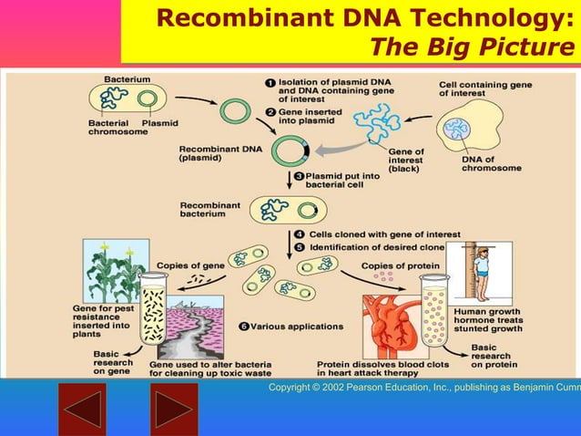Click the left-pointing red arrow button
pyautogui.click(x=82, y=410)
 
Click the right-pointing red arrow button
pyautogui.click(x=174, y=410)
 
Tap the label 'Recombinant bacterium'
pyautogui.click(x=209, y=210)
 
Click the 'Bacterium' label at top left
pyautogui.click(x=127, y=80)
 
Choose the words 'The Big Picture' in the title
pyautogui.click(x=464, y=46)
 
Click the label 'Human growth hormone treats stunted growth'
pyautogui.click(x=486, y=321)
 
